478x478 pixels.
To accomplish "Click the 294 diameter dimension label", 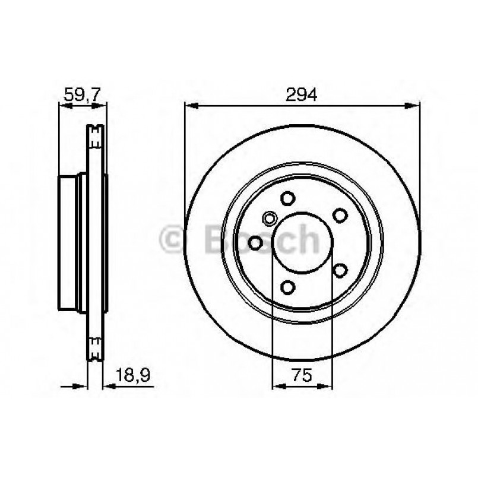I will coord(302,94).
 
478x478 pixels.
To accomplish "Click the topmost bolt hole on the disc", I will coord(288,198).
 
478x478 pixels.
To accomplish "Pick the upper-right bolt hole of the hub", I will coord(340,215).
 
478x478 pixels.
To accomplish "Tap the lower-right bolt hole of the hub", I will coord(340,271).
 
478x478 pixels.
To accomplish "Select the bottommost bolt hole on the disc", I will coord(288,288).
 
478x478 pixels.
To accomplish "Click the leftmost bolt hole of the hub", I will coord(255,243).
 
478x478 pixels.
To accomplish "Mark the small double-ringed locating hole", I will coord(269,219).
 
